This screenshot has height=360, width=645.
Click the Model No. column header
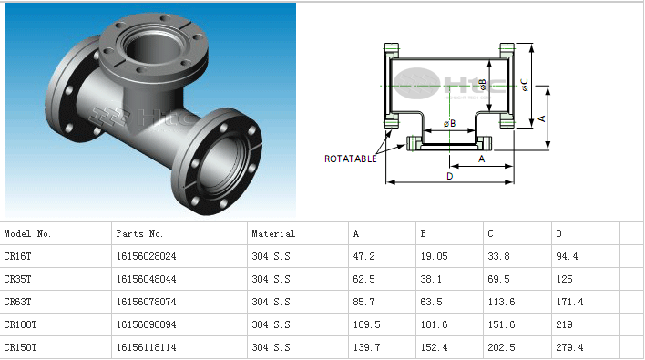[x=27, y=233]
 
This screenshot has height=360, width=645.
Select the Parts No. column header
[x=139, y=233]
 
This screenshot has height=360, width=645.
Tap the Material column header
[x=273, y=233]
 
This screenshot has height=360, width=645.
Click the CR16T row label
[x=17, y=256]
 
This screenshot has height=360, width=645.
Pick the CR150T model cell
[x=20, y=347]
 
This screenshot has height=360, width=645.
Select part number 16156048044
[x=146, y=280]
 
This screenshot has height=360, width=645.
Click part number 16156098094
[x=146, y=325]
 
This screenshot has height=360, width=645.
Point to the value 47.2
[x=363, y=256]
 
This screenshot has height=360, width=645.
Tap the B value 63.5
[x=431, y=302]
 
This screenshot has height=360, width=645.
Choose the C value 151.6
[x=501, y=325]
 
